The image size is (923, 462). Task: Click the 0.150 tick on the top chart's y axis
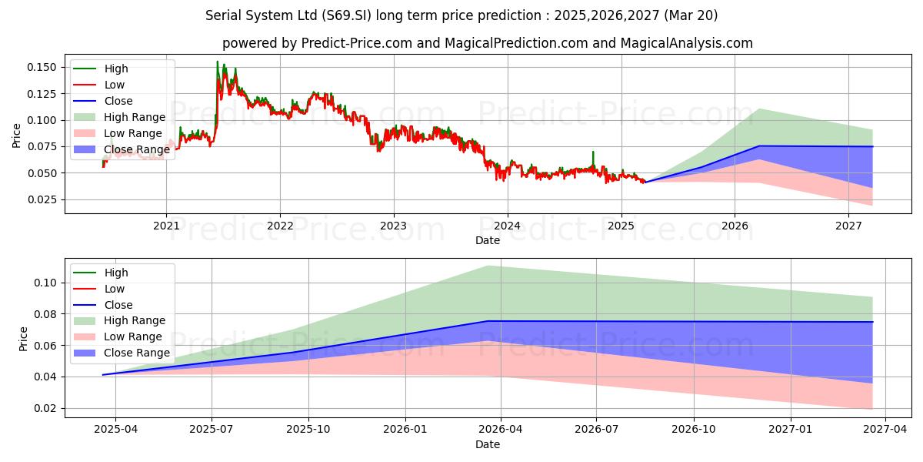42,67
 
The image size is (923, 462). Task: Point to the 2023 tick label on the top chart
394,226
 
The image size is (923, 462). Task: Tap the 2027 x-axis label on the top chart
848,226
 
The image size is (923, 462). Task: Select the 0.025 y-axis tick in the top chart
42,199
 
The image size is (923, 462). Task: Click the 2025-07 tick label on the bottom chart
212,430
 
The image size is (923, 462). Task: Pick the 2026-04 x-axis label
501,430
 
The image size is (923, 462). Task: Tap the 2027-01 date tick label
791,430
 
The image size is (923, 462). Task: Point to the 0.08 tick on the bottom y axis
45,314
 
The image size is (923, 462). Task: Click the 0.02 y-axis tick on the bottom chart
45,408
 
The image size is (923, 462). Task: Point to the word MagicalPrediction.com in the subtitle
516,43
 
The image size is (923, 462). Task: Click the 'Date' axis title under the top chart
488,240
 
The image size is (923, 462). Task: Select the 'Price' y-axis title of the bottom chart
23,339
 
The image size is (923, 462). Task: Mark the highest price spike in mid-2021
218,62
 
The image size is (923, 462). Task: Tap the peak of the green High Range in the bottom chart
488,266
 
